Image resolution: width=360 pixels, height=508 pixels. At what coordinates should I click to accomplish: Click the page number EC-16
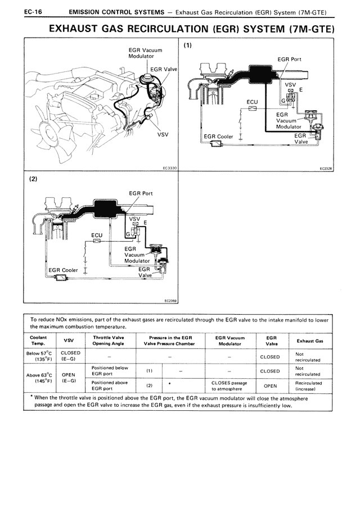pyautogui.click(x=33, y=12)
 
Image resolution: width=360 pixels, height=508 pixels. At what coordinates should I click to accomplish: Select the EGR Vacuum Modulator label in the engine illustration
pyautogui.click(x=145, y=53)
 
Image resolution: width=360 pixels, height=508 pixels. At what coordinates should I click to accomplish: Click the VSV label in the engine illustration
pyautogui.click(x=163, y=134)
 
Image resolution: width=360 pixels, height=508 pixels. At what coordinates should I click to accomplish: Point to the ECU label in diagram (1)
pyautogui.click(x=252, y=102)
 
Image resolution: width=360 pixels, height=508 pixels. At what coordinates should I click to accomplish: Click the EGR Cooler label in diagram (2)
pyautogui.click(x=63, y=270)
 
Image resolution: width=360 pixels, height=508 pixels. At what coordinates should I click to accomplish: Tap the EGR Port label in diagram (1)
pyautogui.click(x=289, y=60)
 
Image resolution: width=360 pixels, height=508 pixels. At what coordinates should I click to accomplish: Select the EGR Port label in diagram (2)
pyautogui.click(x=141, y=193)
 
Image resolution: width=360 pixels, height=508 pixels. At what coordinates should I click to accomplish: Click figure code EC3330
pyautogui.click(x=169, y=168)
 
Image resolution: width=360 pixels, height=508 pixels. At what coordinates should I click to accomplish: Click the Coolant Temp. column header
pyautogui.click(x=38, y=341)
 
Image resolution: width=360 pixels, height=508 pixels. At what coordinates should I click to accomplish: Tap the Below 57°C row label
pyautogui.click(x=39, y=356)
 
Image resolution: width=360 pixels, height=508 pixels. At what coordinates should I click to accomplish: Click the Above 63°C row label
pyautogui.click(x=39, y=378)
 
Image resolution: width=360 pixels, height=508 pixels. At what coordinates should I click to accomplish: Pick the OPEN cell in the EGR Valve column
pyautogui.click(x=270, y=386)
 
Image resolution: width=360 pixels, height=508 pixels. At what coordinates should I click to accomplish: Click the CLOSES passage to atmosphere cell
pyautogui.click(x=229, y=386)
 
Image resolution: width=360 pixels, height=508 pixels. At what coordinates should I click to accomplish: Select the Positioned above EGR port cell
pyautogui.click(x=110, y=385)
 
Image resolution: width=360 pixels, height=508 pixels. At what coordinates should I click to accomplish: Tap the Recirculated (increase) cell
pyautogui.click(x=309, y=386)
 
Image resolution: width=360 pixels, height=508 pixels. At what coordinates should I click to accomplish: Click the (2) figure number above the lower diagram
pyautogui.click(x=33, y=179)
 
